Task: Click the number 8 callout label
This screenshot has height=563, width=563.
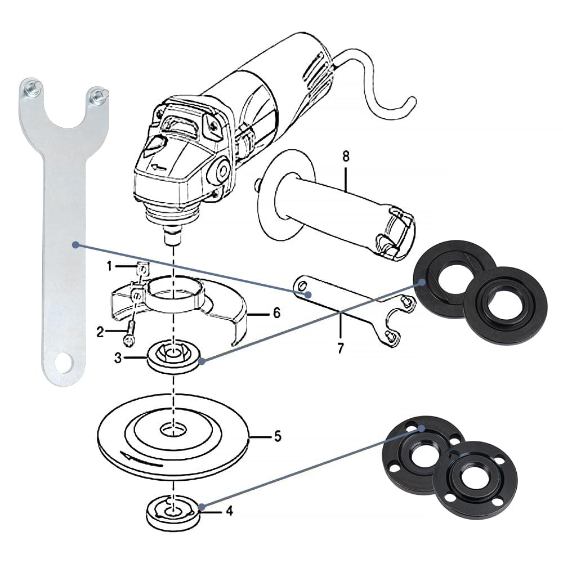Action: (x=346, y=157)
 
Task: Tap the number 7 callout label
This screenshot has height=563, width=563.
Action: (x=341, y=348)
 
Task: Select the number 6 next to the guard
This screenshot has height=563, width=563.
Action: (x=276, y=313)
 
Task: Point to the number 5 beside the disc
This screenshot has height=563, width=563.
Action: (x=278, y=437)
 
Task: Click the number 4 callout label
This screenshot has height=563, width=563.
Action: (x=230, y=511)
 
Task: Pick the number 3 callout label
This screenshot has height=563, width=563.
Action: (x=118, y=358)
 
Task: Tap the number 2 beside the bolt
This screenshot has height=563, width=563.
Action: (x=100, y=332)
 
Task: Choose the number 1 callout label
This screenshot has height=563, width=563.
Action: (x=110, y=266)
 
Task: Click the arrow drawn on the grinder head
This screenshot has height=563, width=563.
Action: (x=158, y=167)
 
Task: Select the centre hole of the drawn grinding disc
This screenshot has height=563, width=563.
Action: (x=174, y=429)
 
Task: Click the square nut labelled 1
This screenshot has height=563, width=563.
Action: (x=143, y=267)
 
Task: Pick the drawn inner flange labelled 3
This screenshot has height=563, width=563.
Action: (x=174, y=358)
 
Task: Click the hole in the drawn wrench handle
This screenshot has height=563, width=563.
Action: (x=303, y=285)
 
